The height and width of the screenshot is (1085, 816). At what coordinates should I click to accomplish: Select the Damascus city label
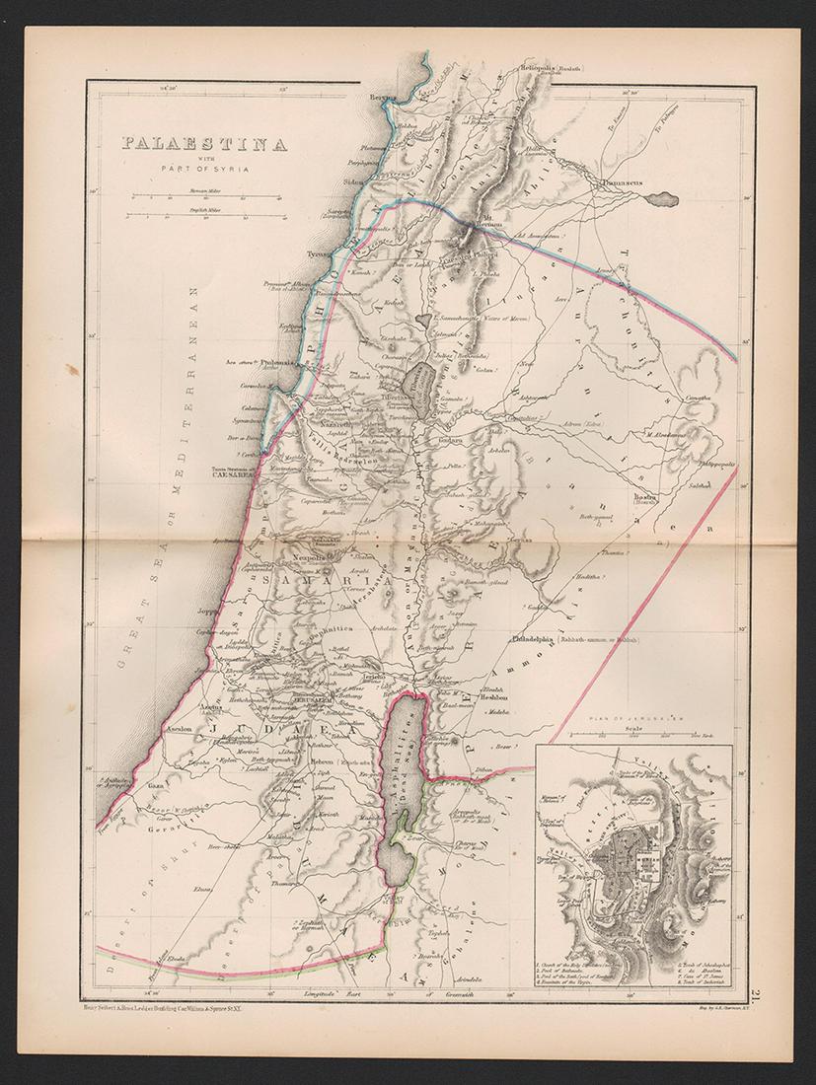pyautogui.click(x=620, y=183)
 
